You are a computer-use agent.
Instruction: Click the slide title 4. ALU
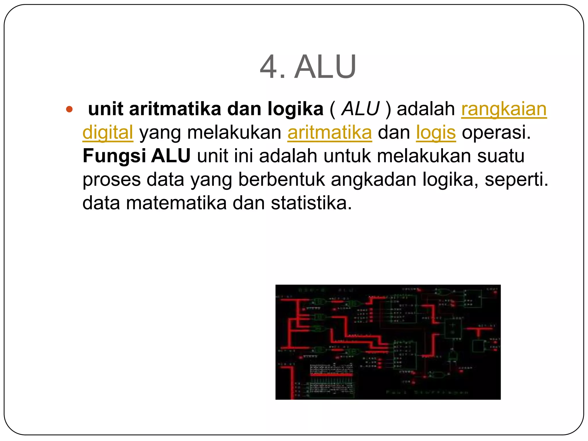click(x=308, y=67)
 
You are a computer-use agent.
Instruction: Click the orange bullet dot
click(x=69, y=109)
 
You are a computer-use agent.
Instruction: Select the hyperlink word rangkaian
click(x=504, y=109)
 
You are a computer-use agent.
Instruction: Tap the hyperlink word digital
click(x=108, y=133)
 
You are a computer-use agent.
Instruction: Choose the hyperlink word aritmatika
click(x=330, y=133)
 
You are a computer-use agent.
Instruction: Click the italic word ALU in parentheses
click(x=361, y=109)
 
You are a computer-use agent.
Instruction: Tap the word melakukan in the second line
click(x=234, y=133)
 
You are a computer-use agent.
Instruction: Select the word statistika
click(x=311, y=203)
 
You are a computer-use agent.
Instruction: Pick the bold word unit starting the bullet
click(x=106, y=109)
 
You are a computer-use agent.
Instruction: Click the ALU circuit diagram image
click(x=388, y=342)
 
